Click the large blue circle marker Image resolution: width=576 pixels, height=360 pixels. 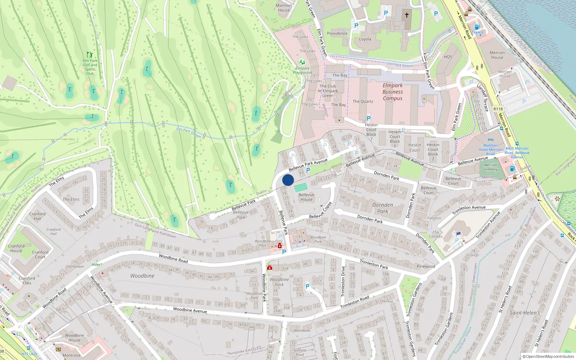coord(288,180)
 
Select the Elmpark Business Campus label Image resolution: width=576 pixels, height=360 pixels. coord(392,92)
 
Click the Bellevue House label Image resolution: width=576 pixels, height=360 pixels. coord(306,197)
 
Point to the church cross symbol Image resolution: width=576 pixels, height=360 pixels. coord(407,15)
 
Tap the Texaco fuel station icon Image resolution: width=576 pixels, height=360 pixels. coord(477,27)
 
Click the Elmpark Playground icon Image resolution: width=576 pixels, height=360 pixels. coord(302,62)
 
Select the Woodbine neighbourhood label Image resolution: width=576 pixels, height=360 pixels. coord(142,276)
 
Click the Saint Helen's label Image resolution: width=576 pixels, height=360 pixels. coord(525,313)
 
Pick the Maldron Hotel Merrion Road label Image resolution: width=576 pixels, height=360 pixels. coord(490,149)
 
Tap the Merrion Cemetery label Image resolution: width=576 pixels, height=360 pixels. coord(490,167)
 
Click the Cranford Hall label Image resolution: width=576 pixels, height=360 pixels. coord(37,216)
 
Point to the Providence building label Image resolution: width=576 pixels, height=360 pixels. coord(337,33)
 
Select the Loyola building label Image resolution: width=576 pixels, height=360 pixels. coord(365,39)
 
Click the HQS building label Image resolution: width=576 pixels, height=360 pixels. coord(448,57)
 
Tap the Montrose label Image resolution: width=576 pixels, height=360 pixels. coord(72,355)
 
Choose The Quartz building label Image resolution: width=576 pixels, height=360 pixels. coord(363,102)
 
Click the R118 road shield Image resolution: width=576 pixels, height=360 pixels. coord(498,109)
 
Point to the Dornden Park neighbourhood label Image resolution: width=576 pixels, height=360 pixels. coord(383,208)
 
